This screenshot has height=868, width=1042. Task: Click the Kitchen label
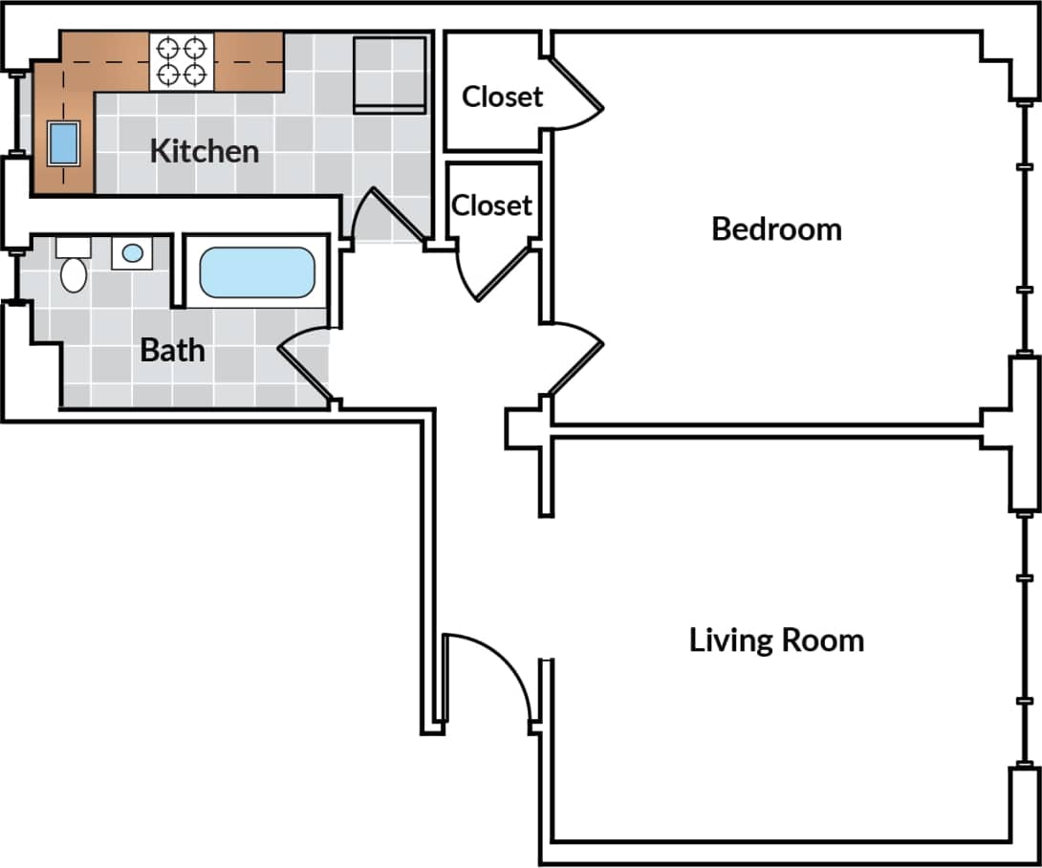coord(205,151)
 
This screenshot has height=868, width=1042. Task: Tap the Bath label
coord(172,350)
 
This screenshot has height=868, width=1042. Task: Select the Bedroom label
coord(776,229)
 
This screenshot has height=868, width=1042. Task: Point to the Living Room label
coord(776,640)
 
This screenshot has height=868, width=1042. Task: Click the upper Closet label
coord(502,97)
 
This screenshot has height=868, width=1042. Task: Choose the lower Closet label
coord(491,206)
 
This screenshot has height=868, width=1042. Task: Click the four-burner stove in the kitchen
coord(182,61)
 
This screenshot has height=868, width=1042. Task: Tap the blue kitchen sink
coord(63,143)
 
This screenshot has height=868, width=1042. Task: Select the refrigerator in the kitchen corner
coord(389,75)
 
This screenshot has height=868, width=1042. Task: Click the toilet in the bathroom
coord(73,268)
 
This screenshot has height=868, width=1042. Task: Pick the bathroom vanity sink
coord(132,253)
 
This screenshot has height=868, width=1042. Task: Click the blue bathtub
coord(256,272)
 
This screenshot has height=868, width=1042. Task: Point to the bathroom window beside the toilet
coord(16,277)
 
